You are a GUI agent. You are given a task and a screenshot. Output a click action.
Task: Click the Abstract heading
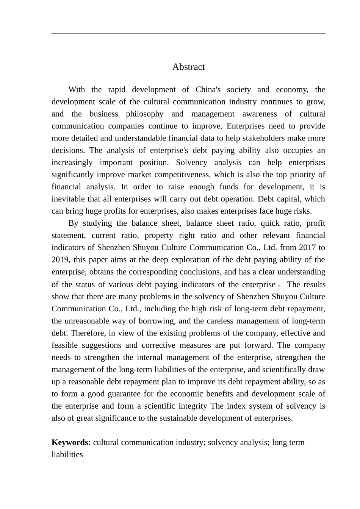click(188, 67)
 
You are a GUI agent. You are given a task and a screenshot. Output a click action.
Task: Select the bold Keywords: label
click(71, 442)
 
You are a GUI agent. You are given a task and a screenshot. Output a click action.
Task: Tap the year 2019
click(60, 259)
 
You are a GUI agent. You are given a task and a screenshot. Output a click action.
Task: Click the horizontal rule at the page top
click(188, 33)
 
